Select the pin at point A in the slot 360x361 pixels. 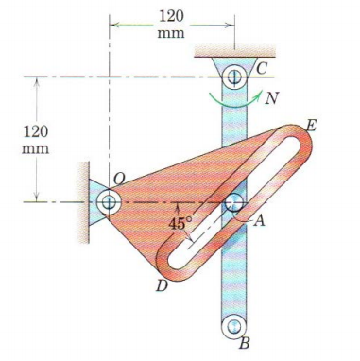(232, 201)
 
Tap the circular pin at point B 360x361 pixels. (232, 327)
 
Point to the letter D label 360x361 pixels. (162, 285)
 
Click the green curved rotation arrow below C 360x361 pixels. (232, 100)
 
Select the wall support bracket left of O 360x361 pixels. (86, 200)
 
